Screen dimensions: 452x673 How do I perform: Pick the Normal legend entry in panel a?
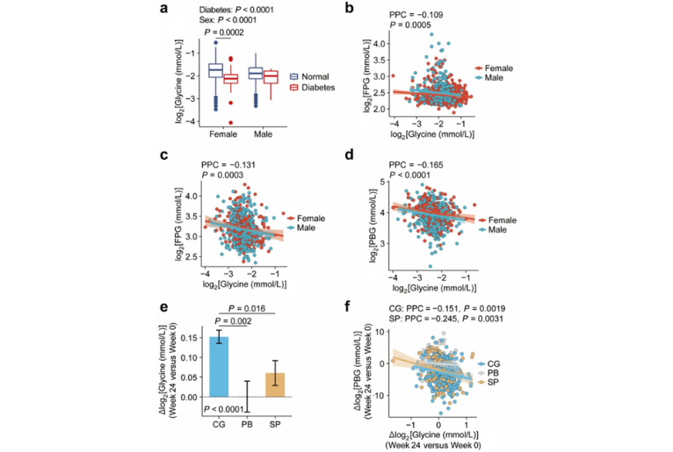[x=311, y=75]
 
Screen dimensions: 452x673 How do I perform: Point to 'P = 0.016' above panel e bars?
[x=248, y=310]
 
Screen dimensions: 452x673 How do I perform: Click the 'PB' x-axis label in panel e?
[x=249, y=425]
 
